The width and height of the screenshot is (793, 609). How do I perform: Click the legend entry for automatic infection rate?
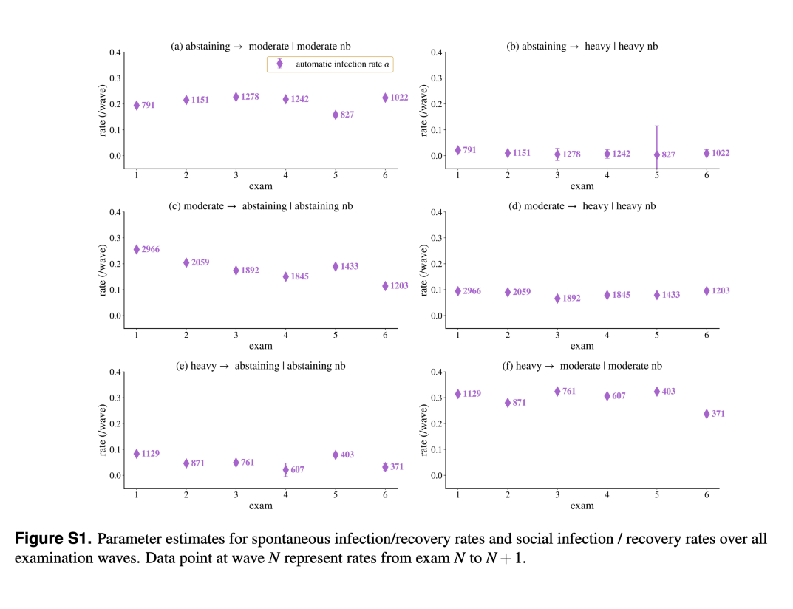pyautogui.click(x=330, y=64)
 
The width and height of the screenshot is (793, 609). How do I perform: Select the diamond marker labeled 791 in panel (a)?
pyautogui.click(x=137, y=105)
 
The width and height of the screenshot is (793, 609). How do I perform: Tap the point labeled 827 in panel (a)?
pyautogui.click(x=336, y=115)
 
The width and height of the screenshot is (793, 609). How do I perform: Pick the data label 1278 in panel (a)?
pyautogui.click(x=250, y=97)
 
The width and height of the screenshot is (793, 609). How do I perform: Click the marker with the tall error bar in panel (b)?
pyautogui.click(x=657, y=154)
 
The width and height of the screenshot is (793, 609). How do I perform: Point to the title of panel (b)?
pyautogui.click(x=582, y=46)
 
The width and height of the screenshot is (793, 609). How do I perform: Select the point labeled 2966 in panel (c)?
pyautogui.click(x=137, y=249)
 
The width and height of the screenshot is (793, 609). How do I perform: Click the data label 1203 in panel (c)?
pyautogui.click(x=399, y=286)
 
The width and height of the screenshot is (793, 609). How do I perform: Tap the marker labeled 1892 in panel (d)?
pyautogui.click(x=557, y=299)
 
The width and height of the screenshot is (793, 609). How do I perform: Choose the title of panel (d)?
pyautogui.click(x=582, y=206)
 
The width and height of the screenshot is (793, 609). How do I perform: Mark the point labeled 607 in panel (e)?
pyautogui.click(x=286, y=470)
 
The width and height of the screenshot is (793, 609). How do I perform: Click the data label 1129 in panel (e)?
pyautogui.click(x=150, y=453)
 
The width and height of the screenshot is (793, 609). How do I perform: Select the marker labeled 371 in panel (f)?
pyautogui.click(x=707, y=414)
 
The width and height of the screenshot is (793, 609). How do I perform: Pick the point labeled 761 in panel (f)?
pyautogui.click(x=557, y=392)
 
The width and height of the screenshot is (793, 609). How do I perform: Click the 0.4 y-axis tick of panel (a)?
pyautogui.click(x=115, y=52)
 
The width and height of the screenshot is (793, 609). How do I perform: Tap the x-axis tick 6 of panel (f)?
pyautogui.click(x=707, y=494)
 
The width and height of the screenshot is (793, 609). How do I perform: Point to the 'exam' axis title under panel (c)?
pyautogui.click(x=260, y=346)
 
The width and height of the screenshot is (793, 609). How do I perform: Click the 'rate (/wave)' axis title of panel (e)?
pyautogui.click(x=103, y=430)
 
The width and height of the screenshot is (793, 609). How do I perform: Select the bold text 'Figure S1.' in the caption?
pyautogui.click(x=53, y=539)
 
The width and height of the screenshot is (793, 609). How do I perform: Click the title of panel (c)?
pyautogui.click(x=260, y=206)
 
